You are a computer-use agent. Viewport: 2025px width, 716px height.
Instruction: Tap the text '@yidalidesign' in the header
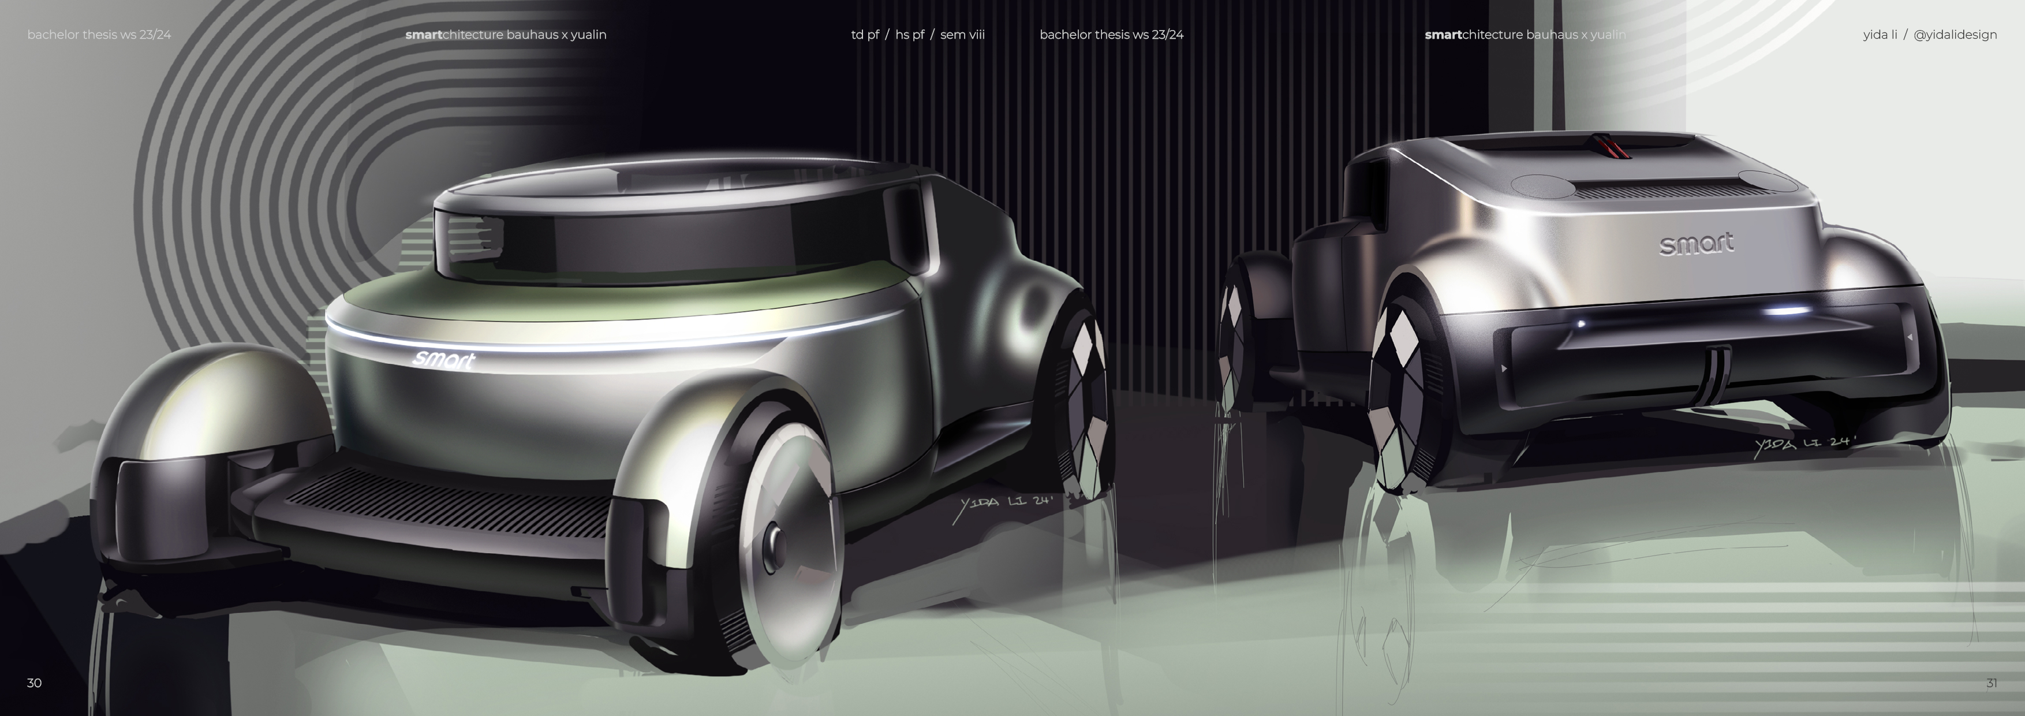(x=1955, y=35)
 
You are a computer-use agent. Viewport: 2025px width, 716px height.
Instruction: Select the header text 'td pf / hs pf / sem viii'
(x=917, y=35)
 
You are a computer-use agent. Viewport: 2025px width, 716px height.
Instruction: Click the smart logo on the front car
(x=443, y=359)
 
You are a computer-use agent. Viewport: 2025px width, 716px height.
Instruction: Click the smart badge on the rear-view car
(x=1697, y=244)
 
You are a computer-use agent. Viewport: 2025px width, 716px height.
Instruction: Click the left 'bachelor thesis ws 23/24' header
(x=99, y=35)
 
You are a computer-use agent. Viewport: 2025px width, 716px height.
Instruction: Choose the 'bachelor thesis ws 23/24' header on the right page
(x=1111, y=35)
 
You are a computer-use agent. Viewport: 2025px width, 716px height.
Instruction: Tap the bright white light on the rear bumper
(x=1786, y=311)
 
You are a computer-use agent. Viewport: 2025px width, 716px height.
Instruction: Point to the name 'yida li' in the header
(x=1880, y=35)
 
